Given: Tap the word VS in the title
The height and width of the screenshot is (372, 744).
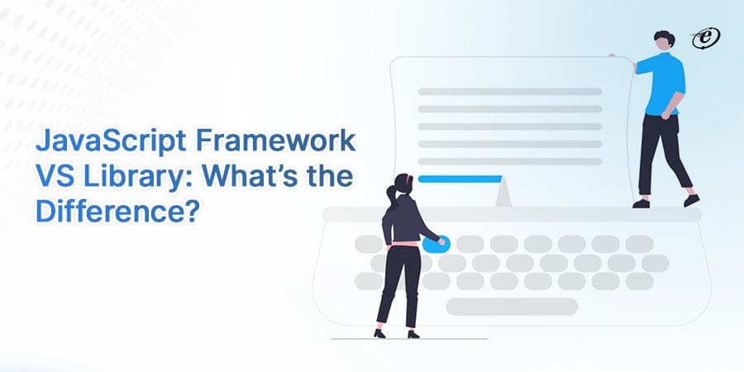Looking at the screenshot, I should tap(51, 176).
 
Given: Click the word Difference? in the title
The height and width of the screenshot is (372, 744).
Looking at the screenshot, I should tap(117, 210).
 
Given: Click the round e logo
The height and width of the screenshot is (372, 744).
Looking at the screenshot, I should tap(707, 36).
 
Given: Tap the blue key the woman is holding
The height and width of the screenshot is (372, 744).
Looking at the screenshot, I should tap(433, 244).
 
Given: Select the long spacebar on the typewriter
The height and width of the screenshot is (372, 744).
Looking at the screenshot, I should tap(512, 307).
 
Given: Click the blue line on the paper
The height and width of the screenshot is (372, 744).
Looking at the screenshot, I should tap(460, 179).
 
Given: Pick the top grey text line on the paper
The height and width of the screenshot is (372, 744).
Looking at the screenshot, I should tap(509, 91).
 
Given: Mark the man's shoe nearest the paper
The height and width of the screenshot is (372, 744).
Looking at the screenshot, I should tap(641, 202).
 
